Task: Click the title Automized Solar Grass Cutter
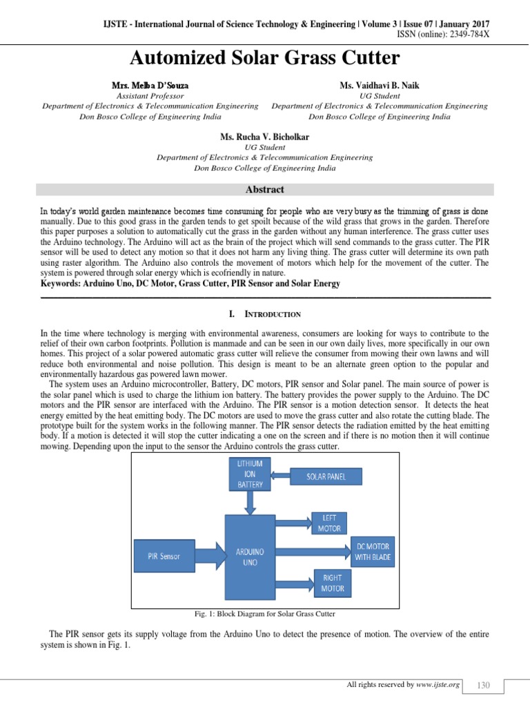coord(266,57)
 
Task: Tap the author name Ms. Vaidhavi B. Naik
coord(380,85)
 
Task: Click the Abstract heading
coord(265,189)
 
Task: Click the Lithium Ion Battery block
coord(249,476)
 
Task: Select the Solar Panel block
coord(326,476)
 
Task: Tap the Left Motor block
coord(328,523)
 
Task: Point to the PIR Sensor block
coord(164,556)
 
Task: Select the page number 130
coord(483,685)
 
